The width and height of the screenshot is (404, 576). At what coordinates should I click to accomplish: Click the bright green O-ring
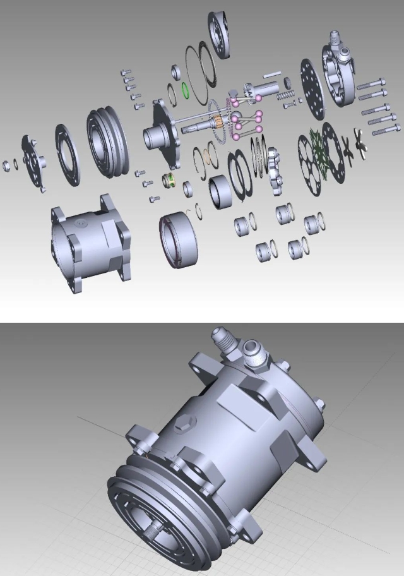(x=186, y=89)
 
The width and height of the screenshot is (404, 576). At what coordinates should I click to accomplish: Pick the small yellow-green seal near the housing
(x=169, y=181)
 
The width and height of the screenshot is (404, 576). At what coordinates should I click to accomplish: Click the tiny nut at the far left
(x=6, y=165)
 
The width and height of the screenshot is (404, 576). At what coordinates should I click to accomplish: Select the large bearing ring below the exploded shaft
(x=179, y=240)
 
